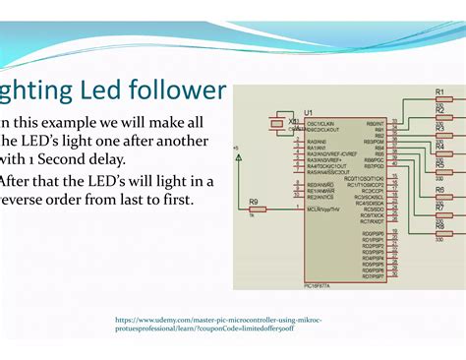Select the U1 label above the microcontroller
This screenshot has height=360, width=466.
click(x=310, y=113)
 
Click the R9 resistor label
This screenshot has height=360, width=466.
click(x=254, y=201)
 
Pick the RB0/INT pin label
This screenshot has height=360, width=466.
click(x=375, y=124)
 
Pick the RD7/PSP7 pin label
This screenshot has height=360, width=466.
click(x=373, y=275)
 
